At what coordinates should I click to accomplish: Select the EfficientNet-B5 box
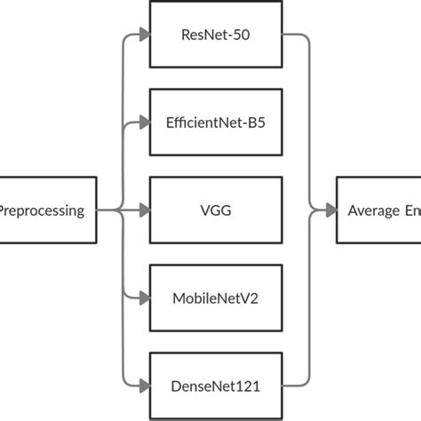point(215,122)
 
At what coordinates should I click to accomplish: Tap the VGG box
point(215,210)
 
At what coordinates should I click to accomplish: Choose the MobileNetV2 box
point(215,298)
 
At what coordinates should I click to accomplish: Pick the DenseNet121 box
point(215,385)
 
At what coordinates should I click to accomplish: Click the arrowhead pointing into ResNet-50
point(144,36)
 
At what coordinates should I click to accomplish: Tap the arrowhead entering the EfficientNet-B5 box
point(144,123)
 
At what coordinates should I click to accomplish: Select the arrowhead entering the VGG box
point(144,210)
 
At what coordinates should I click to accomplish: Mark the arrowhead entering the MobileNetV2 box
point(144,298)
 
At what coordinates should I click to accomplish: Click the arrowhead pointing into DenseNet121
point(144,385)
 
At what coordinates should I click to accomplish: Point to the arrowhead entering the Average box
point(331,210)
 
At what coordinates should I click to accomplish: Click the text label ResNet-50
point(215,36)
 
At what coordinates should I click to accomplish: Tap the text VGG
point(215,210)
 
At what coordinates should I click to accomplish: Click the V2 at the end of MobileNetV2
point(252,298)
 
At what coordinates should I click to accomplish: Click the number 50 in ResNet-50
point(243,36)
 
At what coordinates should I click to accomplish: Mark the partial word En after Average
point(412,210)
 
